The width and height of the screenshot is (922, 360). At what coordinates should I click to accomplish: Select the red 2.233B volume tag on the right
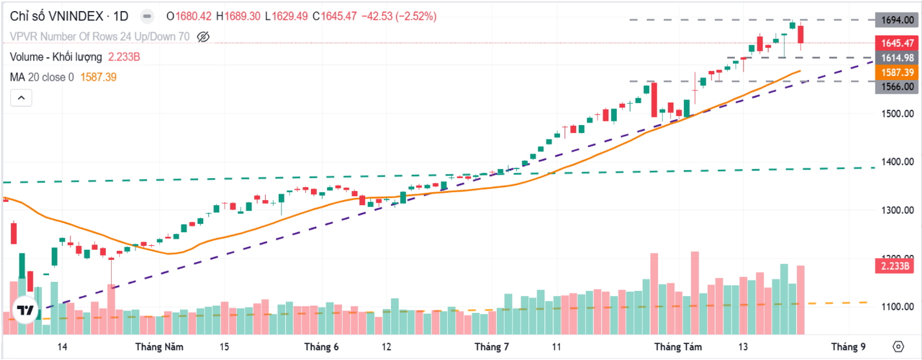pyautogui.click(x=895, y=266)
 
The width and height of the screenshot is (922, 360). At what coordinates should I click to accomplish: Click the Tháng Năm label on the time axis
pyautogui.click(x=159, y=347)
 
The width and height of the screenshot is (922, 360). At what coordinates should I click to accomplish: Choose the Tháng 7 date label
pyautogui.click(x=491, y=347)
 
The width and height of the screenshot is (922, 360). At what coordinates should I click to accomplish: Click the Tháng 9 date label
pyautogui.click(x=848, y=347)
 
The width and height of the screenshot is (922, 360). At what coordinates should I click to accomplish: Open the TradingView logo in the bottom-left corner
pyautogui.click(x=25, y=310)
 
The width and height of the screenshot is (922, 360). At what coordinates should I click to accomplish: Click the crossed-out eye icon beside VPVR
pyautogui.click(x=203, y=37)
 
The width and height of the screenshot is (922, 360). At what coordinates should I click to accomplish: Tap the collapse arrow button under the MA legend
pyautogui.click(x=21, y=98)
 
